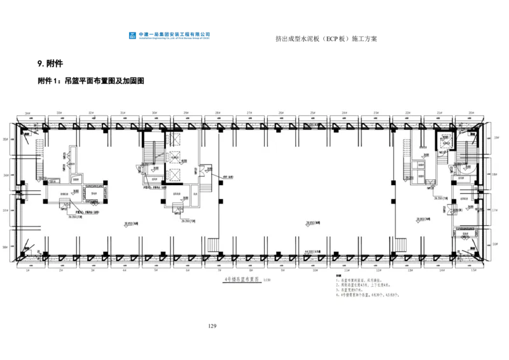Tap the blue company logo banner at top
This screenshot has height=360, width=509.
pyautogui.click(x=171, y=36)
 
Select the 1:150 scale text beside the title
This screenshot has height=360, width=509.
pyautogui.click(x=265, y=279)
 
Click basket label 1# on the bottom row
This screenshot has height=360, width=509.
pyautogui.click(x=27, y=270)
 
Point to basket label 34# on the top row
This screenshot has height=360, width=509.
pyautogui.click(x=27, y=113)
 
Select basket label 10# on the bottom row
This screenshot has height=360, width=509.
pyautogui.click(x=314, y=270)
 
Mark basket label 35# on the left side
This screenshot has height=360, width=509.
pyautogui.click(x=5, y=138)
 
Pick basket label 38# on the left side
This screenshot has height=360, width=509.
pyautogui.click(x=5, y=247)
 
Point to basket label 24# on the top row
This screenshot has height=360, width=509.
pyautogui.click(x=345, y=113)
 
